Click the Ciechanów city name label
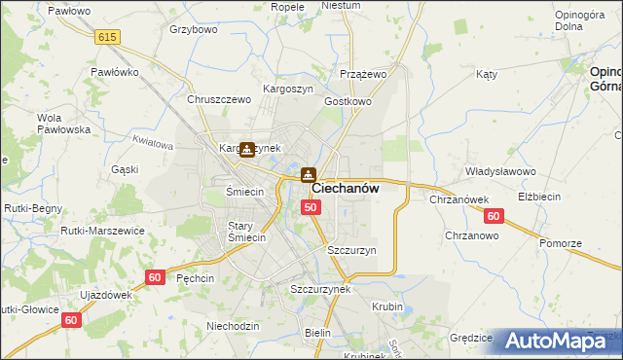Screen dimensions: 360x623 [345, 189]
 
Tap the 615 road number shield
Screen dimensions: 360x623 [108, 36]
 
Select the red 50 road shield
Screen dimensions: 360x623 [311, 207]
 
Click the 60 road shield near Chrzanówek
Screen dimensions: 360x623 [495, 216]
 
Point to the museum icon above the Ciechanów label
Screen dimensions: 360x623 [308, 175]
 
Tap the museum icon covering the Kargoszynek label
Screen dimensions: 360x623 [247, 149]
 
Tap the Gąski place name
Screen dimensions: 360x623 [125, 168]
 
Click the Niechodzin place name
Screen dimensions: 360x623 [233, 325]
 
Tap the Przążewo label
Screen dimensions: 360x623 [364, 73]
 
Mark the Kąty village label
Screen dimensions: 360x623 [487, 74]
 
